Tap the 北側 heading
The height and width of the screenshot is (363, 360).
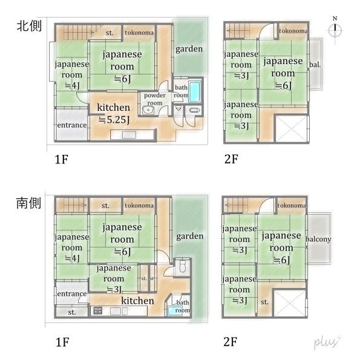click(x=28, y=27)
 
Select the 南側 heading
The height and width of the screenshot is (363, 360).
click(x=28, y=203)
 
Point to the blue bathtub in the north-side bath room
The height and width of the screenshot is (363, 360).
click(x=195, y=93)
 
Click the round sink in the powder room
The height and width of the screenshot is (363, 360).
click(x=148, y=110)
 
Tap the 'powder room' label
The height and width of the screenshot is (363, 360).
click(x=155, y=99)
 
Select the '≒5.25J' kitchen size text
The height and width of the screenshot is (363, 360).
click(x=114, y=119)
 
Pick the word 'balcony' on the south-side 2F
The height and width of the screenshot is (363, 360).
click(x=318, y=239)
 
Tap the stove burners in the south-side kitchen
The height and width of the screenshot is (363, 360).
click(x=97, y=311)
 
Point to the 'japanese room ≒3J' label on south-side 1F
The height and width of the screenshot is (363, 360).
click(x=114, y=278)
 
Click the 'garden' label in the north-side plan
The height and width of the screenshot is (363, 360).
click(x=189, y=49)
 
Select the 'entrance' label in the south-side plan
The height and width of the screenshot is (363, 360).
click(x=71, y=293)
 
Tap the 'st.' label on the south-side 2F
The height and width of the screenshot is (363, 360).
click(x=265, y=301)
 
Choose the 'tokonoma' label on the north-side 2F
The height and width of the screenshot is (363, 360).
click(x=293, y=31)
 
